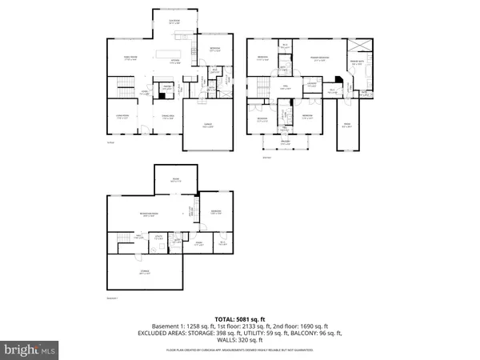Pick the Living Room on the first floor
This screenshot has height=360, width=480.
122,118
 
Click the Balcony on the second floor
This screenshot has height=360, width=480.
286,142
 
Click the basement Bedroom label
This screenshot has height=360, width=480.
214,213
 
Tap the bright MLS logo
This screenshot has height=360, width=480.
30,349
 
